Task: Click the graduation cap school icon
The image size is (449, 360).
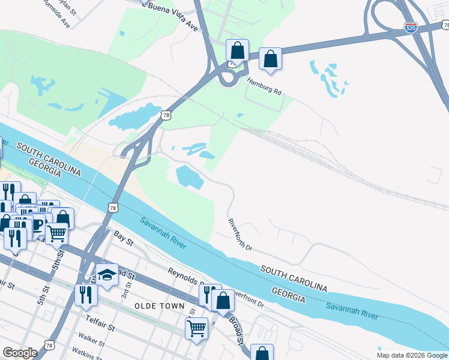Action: (107, 275)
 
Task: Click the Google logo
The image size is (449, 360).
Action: (20, 353)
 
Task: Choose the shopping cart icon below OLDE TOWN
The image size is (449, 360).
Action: (196, 328)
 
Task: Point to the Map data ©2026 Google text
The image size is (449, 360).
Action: (412, 355)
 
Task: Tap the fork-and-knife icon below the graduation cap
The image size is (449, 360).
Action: (85, 294)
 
